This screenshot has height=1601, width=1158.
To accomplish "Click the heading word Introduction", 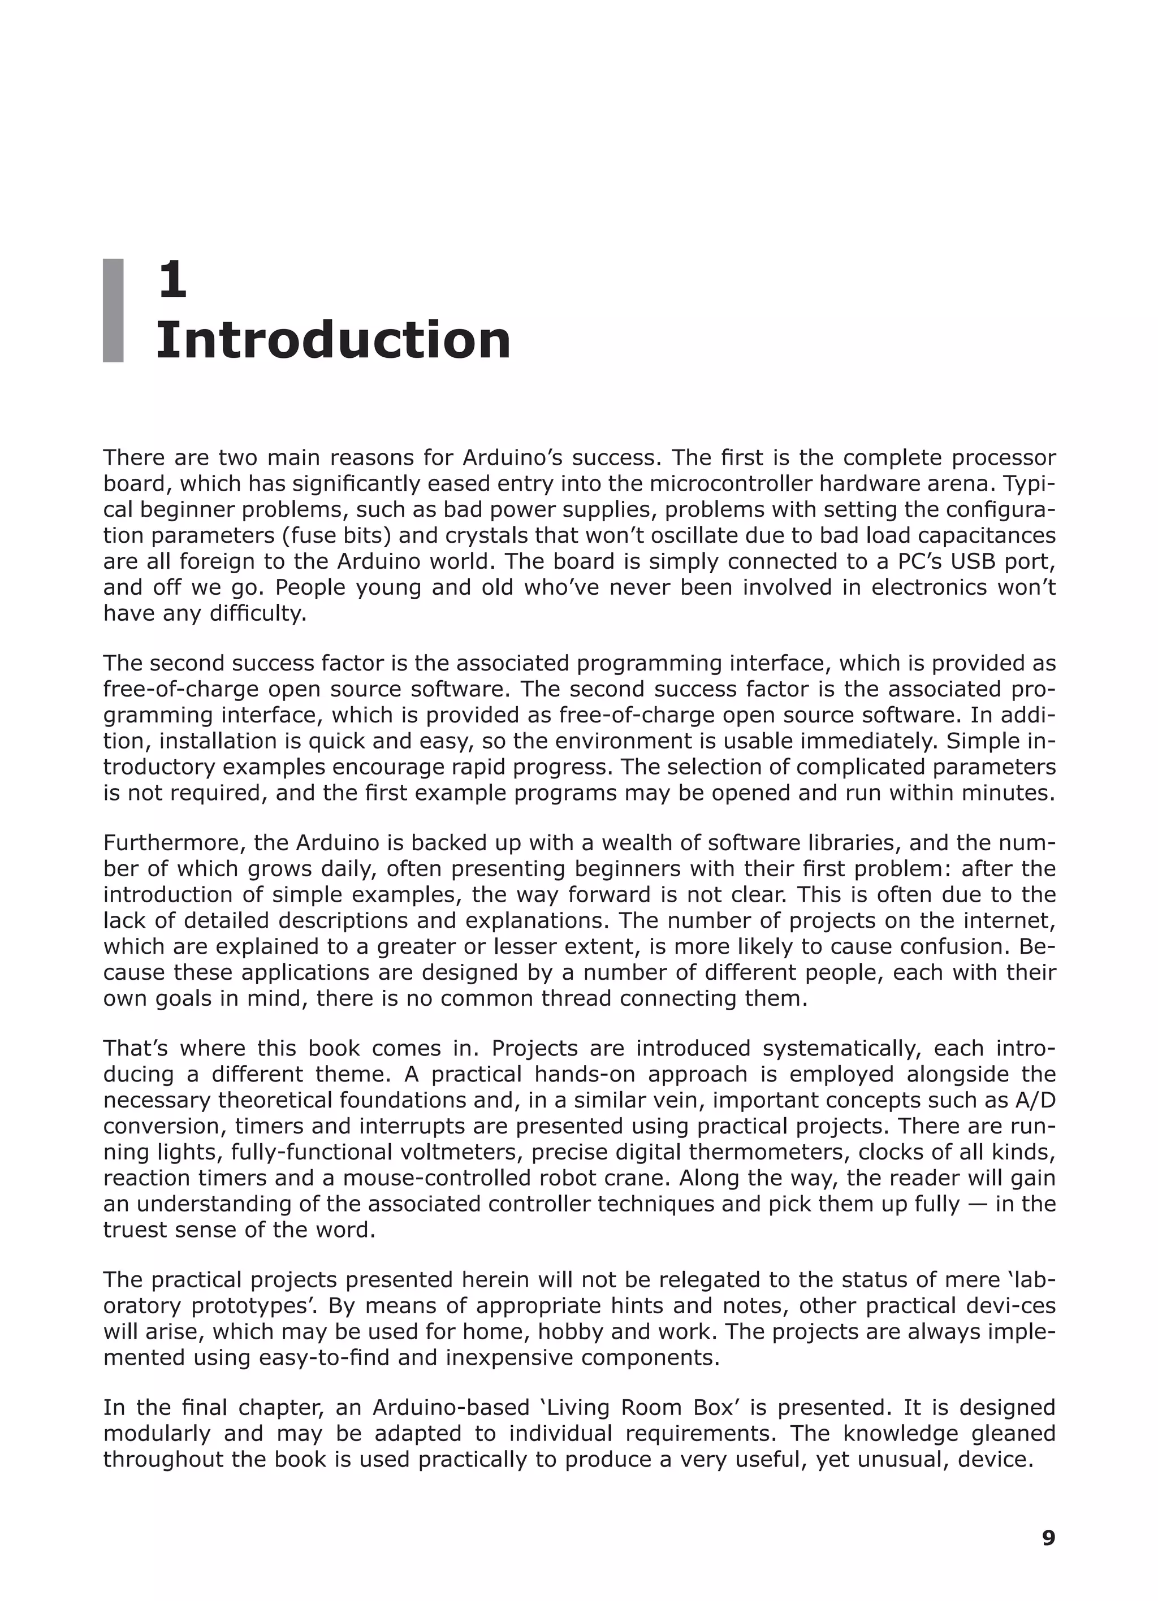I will tap(332, 341).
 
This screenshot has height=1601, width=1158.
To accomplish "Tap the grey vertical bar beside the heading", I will tap(113, 310).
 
